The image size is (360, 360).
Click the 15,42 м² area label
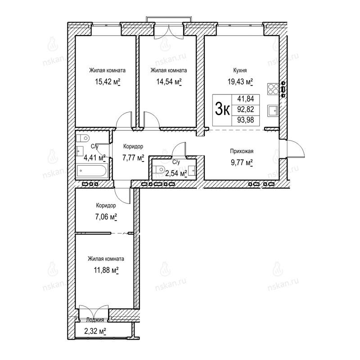[x=108, y=82]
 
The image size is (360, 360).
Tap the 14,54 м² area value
[x=169, y=82]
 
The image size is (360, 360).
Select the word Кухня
[x=240, y=70]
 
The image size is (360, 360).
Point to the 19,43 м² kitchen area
[x=240, y=82]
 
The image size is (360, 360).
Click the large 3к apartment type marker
[x=222, y=110]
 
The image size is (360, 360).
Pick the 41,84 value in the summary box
[x=246, y=99]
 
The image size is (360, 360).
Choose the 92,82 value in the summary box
[x=246, y=109]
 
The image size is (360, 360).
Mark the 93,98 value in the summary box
[x=246, y=120]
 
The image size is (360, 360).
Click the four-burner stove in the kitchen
[x=273, y=89]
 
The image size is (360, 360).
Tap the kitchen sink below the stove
[x=273, y=111]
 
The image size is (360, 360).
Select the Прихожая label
[x=242, y=151]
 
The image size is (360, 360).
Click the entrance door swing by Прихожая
[x=295, y=149]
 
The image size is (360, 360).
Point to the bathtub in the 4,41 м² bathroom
[x=92, y=171]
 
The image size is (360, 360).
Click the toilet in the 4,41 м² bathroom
[x=83, y=139]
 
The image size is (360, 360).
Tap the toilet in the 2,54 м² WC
[x=160, y=170]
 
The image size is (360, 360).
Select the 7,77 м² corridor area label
[x=133, y=158]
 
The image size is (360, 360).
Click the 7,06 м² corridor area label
[x=106, y=217]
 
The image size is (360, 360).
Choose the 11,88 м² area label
[x=106, y=270]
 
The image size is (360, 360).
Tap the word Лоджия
[x=95, y=320]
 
